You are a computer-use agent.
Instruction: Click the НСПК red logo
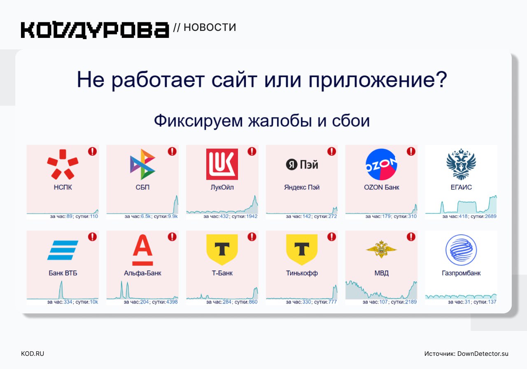point(63,164)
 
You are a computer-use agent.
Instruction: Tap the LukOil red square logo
point(222,164)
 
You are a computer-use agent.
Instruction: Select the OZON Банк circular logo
point(381,164)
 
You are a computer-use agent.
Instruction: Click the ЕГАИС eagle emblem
point(461,164)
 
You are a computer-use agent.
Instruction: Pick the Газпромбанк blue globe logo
point(461,250)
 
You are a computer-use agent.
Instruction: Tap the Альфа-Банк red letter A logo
point(142,250)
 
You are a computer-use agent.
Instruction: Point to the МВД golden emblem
point(381,249)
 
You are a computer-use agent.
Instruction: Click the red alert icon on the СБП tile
point(172,151)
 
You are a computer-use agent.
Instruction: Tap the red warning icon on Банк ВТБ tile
point(92,237)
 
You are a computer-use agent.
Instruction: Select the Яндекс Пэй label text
point(302,187)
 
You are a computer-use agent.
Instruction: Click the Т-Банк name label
point(222,273)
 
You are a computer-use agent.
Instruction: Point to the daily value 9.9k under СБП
point(173,216)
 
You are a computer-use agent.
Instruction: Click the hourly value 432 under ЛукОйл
point(224,216)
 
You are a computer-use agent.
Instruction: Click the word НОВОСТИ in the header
point(210,27)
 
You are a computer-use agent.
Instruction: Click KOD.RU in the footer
point(33,354)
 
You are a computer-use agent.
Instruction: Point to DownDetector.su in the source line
point(483,354)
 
